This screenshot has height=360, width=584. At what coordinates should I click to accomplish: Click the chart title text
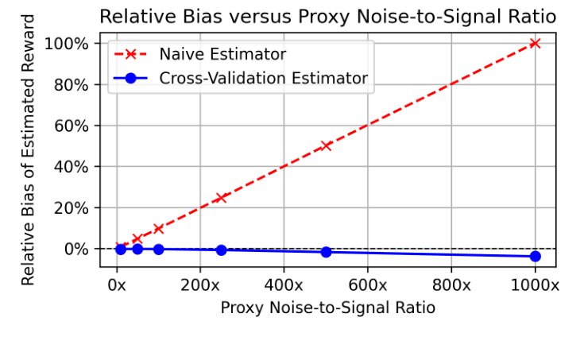click(x=327, y=16)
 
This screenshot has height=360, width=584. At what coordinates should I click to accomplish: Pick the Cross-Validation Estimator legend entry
click(x=263, y=78)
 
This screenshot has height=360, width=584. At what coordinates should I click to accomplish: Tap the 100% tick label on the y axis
click(x=70, y=43)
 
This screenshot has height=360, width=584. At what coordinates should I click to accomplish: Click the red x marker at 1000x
click(x=535, y=43)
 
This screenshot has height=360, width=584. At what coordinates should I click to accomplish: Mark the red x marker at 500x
click(x=326, y=145)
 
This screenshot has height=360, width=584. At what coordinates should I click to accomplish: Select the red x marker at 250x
click(x=221, y=197)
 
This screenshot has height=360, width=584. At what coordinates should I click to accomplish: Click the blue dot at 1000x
click(x=535, y=256)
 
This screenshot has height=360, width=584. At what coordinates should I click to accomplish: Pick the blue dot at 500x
click(x=326, y=252)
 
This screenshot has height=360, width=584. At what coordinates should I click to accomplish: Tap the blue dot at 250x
click(x=221, y=250)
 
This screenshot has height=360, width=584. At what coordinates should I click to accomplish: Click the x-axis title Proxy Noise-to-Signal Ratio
click(x=327, y=308)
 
